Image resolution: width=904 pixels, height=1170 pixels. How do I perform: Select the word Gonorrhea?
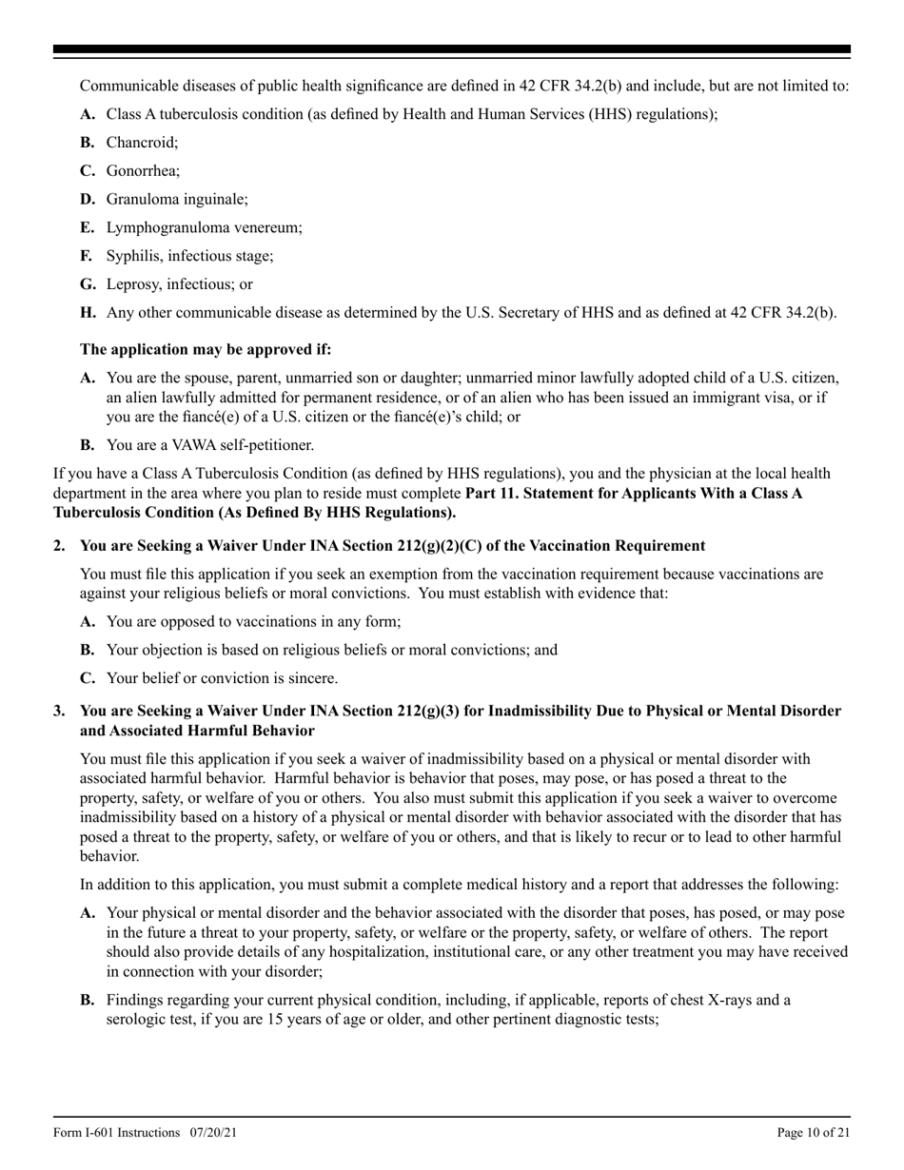pyautogui.click(x=142, y=171)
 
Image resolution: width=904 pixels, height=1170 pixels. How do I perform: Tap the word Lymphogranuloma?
pyautogui.click(x=166, y=228)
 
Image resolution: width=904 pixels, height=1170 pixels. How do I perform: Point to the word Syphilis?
pyautogui.click(x=134, y=256)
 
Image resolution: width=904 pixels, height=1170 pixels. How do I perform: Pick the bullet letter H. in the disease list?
pyautogui.click(x=88, y=313)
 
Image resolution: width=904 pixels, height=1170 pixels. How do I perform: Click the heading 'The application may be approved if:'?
pyautogui.click(x=206, y=349)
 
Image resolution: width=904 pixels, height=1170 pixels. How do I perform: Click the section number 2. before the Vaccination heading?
pyautogui.click(x=60, y=546)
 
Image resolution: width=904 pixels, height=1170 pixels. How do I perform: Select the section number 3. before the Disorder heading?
pyautogui.click(x=60, y=712)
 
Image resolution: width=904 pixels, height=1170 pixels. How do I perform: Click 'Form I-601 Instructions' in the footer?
pyautogui.click(x=116, y=1133)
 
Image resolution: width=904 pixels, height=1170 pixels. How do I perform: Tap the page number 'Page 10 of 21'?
pyautogui.click(x=814, y=1133)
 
